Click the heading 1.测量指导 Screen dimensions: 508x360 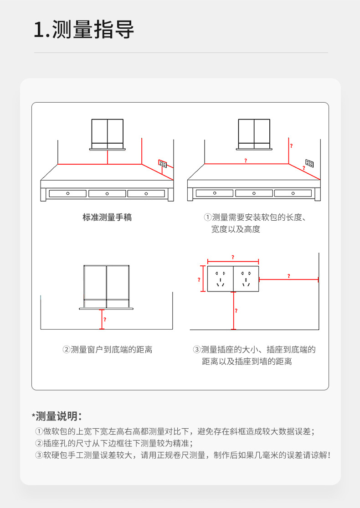(84, 31)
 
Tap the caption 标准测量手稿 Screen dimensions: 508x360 (107, 218)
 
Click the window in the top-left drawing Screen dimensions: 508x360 (108, 133)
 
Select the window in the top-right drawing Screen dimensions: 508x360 (254, 133)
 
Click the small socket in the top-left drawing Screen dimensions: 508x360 (162, 163)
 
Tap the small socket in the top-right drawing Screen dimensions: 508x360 (309, 163)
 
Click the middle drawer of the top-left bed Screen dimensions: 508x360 (107, 193)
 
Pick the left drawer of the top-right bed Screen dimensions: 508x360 (215, 193)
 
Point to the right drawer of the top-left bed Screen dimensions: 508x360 (146, 193)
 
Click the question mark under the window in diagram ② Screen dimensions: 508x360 (105, 320)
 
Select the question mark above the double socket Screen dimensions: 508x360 (233, 257)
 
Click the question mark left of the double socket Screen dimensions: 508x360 (199, 280)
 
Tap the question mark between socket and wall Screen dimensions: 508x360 (288, 276)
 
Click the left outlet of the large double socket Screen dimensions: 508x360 (221, 279)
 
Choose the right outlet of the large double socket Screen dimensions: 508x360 (246, 279)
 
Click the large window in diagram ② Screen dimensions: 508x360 (107, 286)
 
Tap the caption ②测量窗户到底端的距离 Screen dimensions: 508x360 (107, 350)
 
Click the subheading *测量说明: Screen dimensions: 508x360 (57, 416)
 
